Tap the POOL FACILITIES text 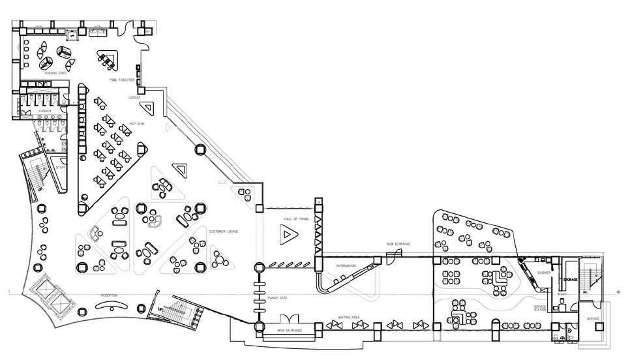[x=122, y=80]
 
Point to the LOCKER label [x=135, y=98]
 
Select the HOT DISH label [x=136, y=123]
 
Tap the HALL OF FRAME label [x=286, y=219]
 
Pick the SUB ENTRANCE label [x=398, y=244]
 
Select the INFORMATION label [x=346, y=267]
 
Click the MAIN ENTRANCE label [x=290, y=329]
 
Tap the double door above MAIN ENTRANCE [x=290, y=320]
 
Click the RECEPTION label [x=109, y=295]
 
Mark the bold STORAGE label [x=571, y=280]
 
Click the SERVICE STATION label [x=539, y=308]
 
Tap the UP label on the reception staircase [x=159, y=310]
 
